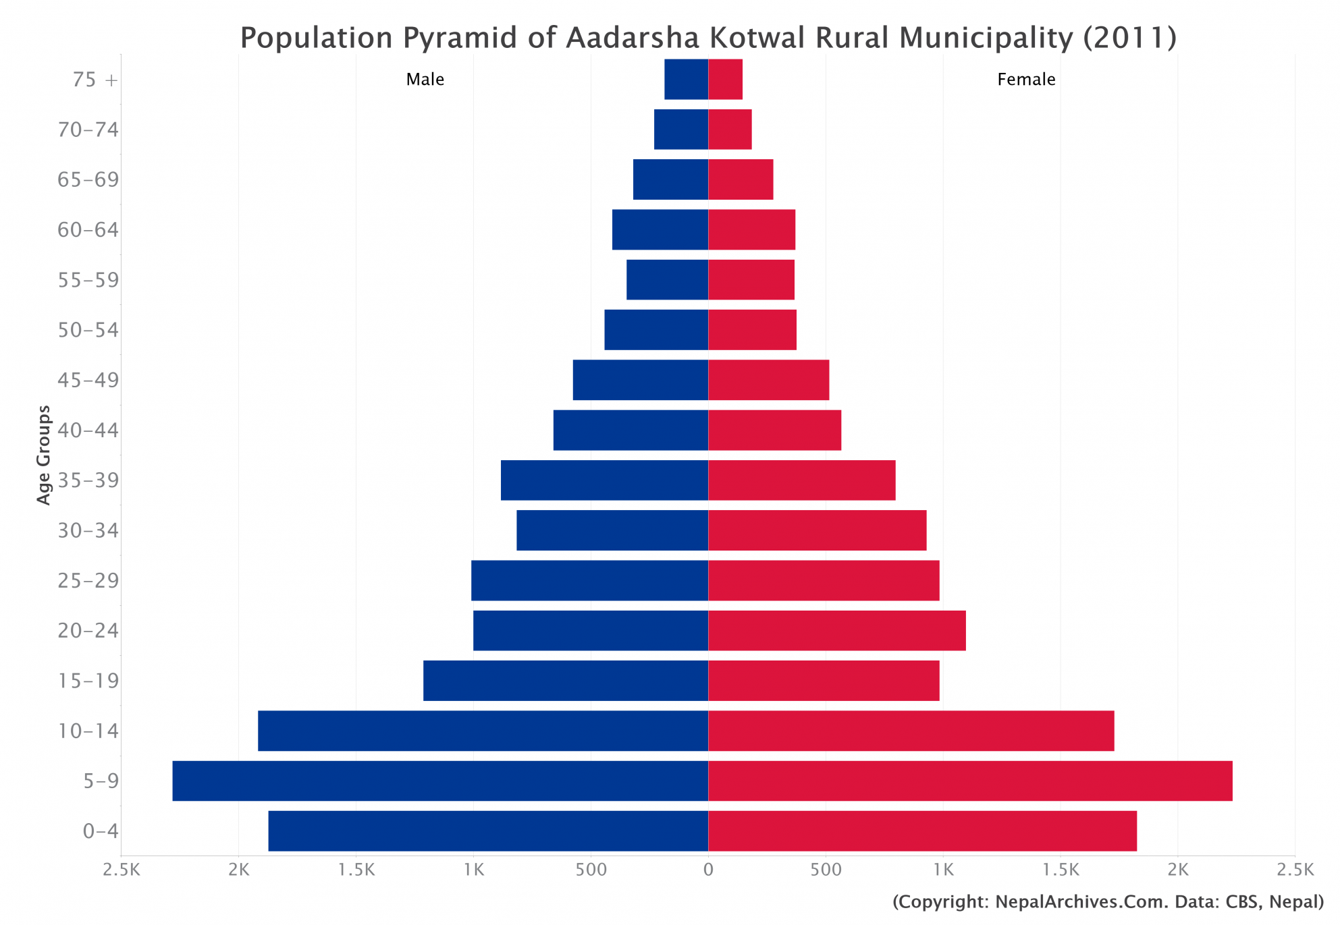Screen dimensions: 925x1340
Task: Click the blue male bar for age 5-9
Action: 440,781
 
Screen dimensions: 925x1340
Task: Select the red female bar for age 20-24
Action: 836,630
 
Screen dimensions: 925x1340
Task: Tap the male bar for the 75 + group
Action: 686,79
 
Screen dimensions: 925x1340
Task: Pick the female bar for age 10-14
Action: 911,730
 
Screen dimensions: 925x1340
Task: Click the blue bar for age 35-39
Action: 604,480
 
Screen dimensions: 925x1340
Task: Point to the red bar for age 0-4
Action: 922,831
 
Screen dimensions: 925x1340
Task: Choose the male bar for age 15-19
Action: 565,680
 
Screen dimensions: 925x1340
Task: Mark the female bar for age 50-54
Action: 752,329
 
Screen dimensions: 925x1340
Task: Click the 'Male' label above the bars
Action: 425,79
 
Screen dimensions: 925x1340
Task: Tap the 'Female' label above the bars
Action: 1025,79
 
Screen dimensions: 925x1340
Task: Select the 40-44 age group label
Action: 88,430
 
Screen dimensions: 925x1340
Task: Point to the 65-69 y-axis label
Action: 88,179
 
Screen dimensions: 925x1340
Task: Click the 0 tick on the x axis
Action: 707,870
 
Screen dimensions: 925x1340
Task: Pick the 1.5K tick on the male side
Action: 356,870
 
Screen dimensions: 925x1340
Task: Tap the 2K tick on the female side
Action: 1177,870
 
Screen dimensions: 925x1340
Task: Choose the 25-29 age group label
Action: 88,580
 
